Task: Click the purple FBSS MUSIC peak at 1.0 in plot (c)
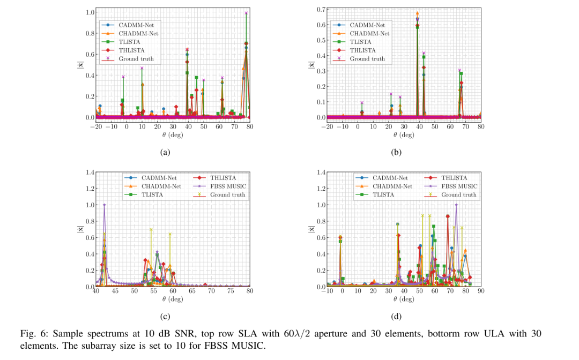(x=104, y=205)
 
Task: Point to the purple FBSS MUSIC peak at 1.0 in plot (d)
(x=456, y=205)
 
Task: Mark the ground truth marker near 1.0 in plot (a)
(x=246, y=13)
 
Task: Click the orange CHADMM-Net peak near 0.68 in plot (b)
(x=417, y=13)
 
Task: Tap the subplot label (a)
(x=165, y=152)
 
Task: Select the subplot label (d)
(x=396, y=316)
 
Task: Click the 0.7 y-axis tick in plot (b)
(x=321, y=9)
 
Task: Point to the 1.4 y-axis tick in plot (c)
(x=90, y=172)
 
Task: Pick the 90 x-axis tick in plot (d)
(x=480, y=291)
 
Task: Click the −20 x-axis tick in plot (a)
(x=95, y=126)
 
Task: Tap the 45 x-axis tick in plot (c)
(x=115, y=291)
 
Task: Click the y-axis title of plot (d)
(x=311, y=229)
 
